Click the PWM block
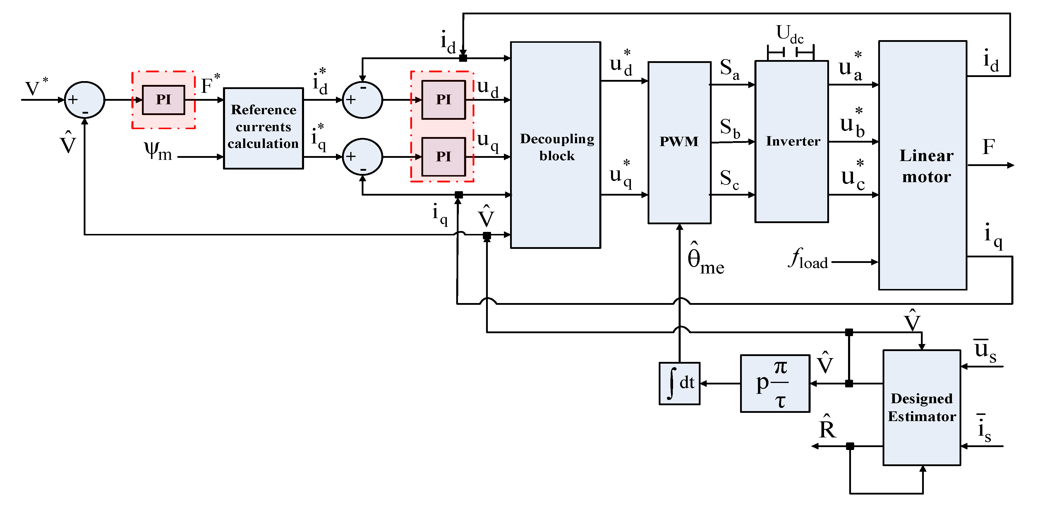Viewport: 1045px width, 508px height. tap(679, 142)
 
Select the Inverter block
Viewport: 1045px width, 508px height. tap(792, 141)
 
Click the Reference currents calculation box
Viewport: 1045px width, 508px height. tap(263, 128)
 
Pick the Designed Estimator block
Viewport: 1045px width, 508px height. tap(922, 407)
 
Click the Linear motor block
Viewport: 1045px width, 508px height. tap(922, 165)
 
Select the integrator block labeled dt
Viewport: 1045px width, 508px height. tap(679, 383)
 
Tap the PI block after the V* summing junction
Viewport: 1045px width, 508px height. tap(164, 100)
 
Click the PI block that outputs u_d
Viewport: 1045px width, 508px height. tap(443, 100)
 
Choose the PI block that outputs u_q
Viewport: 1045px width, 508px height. tap(443, 157)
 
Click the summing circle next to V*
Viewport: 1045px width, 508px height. tap(84, 100)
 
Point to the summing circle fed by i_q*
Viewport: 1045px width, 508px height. tap(362, 157)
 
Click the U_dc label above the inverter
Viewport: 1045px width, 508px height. tap(790, 33)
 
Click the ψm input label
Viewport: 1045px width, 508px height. tap(158, 151)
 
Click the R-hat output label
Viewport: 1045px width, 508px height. tap(828, 428)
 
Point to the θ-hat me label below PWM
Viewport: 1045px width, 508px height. tap(705, 260)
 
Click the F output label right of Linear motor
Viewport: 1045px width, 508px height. tap(989, 147)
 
